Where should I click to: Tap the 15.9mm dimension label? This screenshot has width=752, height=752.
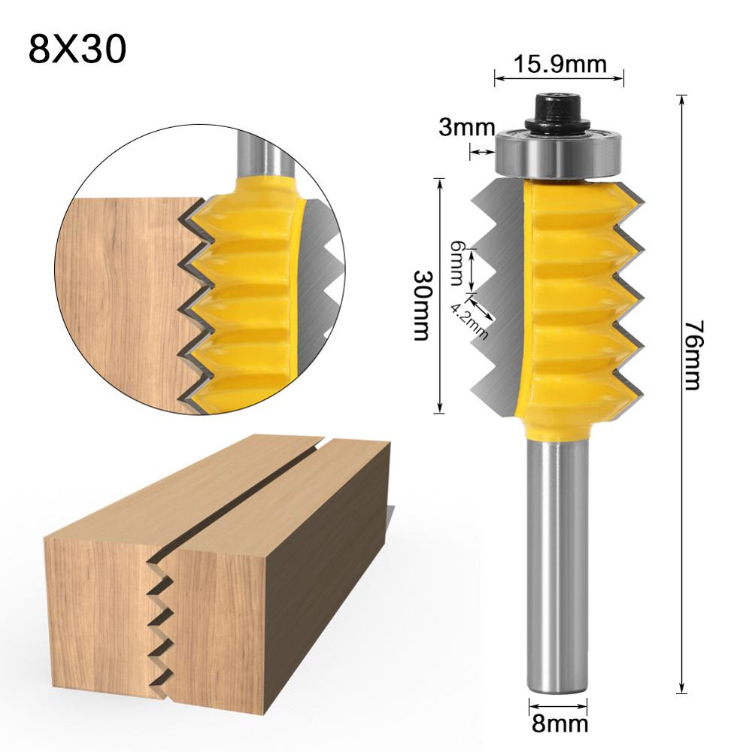point(560,65)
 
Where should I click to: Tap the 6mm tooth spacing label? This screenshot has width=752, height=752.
point(456,264)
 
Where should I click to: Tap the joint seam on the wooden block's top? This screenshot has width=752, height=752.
point(248,489)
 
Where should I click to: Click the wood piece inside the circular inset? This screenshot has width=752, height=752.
point(120,301)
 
